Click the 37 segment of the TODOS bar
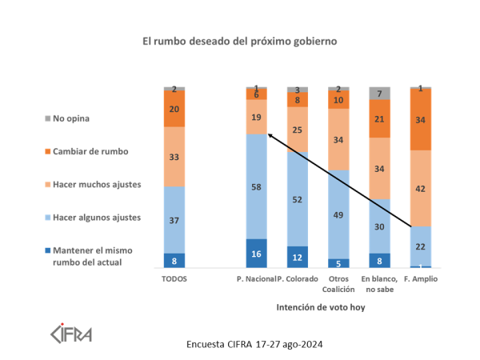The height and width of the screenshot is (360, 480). [x=174, y=220]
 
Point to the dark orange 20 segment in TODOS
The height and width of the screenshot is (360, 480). [x=174, y=109]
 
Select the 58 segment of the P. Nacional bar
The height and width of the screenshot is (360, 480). [x=256, y=186]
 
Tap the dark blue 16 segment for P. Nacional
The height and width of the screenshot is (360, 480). [x=256, y=253]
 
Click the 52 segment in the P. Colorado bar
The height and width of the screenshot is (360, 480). [x=298, y=198]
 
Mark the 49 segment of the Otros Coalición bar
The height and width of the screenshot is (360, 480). [x=338, y=214]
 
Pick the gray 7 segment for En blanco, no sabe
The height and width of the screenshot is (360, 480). [x=379, y=93]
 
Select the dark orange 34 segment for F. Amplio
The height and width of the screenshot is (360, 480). [x=421, y=119]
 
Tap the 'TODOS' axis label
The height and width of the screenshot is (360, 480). [x=174, y=279]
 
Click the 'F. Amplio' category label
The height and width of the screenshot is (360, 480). [x=421, y=279]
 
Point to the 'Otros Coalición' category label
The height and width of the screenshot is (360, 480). [x=338, y=284]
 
